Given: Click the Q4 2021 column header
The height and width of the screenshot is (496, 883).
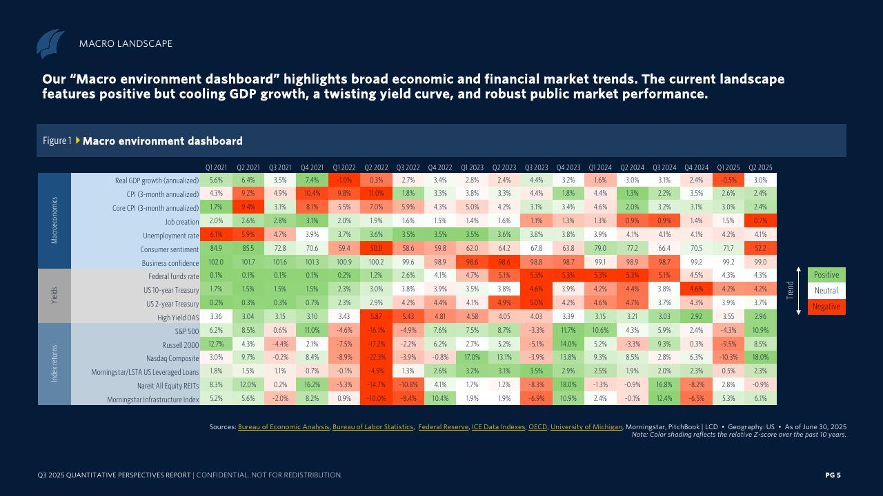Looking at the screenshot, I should click(312, 167).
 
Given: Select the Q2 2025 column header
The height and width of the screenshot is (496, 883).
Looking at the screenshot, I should click(760, 167).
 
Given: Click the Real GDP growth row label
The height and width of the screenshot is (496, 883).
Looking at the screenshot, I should click(157, 180).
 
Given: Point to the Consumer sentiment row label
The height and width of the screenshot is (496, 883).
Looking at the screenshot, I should click(169, 249).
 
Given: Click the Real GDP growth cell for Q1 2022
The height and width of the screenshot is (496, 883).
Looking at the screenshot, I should click(344, 180).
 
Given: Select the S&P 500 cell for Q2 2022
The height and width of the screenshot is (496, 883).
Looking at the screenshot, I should click(376, 331).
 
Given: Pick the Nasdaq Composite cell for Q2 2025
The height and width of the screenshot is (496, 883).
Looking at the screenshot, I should click(760, 358).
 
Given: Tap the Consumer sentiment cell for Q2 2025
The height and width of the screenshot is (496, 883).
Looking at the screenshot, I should click(760, 249).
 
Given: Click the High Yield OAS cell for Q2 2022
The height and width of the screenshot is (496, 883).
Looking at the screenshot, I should click(376, 318).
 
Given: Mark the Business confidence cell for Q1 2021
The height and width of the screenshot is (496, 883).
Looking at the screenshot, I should click(216, 262).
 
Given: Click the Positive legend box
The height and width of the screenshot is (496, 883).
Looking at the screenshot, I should click(826, 275).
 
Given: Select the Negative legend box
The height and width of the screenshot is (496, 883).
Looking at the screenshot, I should click(826, 307).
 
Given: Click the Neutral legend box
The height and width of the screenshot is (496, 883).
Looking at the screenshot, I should click(826, 291).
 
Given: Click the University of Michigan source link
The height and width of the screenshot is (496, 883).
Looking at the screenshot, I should click(586, 427).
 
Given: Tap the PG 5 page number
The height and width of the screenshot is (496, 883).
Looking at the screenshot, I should click(833, 475).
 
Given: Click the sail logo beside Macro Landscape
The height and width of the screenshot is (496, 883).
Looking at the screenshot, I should click(50, 43).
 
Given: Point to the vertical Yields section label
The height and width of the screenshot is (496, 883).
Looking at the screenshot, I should click(54, 295).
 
